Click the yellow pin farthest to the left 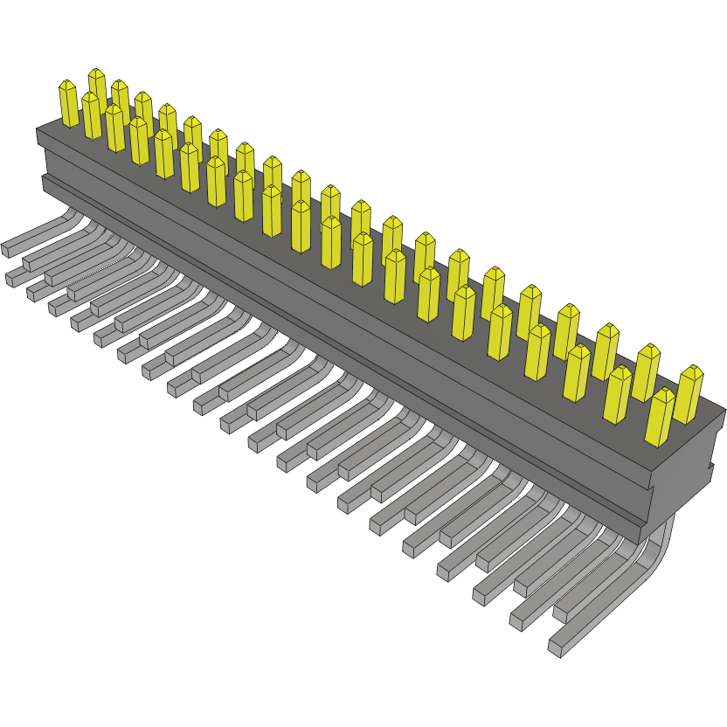pyautogui.click(x=68, y=103)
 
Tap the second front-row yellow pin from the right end pyautogui.click(x=617, y=394)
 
